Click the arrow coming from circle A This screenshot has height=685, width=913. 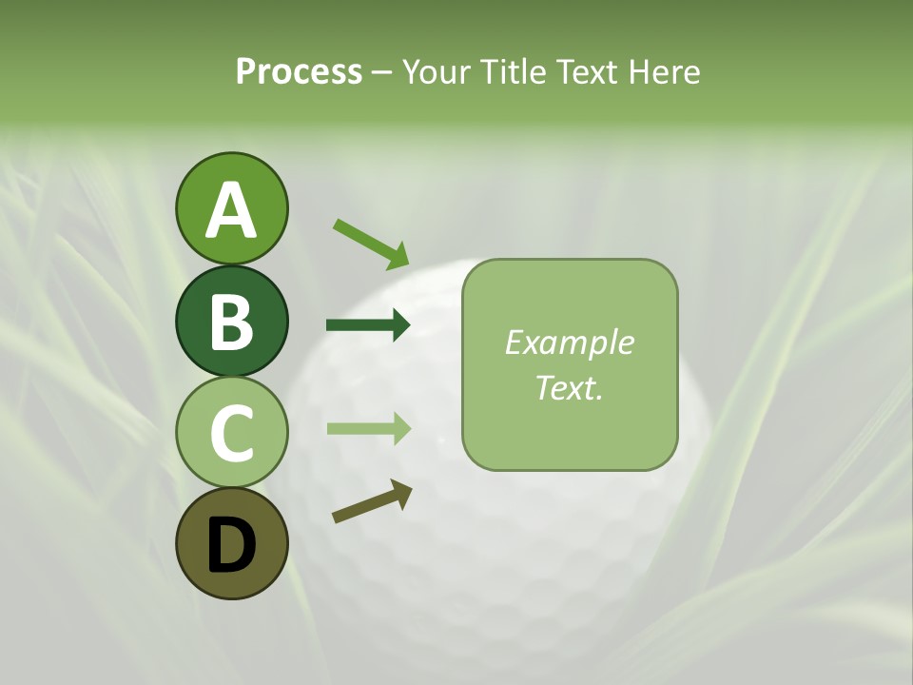(371, 244)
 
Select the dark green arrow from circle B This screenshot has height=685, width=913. (368, 325)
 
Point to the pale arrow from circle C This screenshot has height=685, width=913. (368, 428)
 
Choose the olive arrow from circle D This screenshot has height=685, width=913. (372, 501)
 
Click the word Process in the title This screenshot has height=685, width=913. (299, 72)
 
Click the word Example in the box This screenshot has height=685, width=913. (569, 342)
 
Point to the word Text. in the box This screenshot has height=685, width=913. (569, 387)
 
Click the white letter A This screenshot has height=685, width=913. (231, 211)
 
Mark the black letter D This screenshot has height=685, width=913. (231, 546)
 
